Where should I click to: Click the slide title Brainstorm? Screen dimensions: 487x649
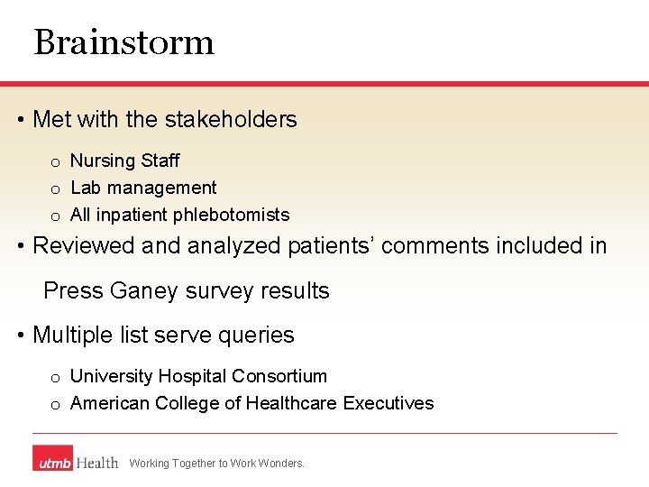[123, 42]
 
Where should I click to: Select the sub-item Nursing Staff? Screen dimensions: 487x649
[124, 161]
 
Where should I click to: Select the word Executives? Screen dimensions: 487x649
[388, 403]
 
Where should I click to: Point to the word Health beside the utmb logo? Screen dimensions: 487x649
[97, 462]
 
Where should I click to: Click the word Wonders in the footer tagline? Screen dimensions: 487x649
[281, 464]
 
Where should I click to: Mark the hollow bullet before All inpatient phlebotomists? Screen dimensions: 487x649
[55, 216]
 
